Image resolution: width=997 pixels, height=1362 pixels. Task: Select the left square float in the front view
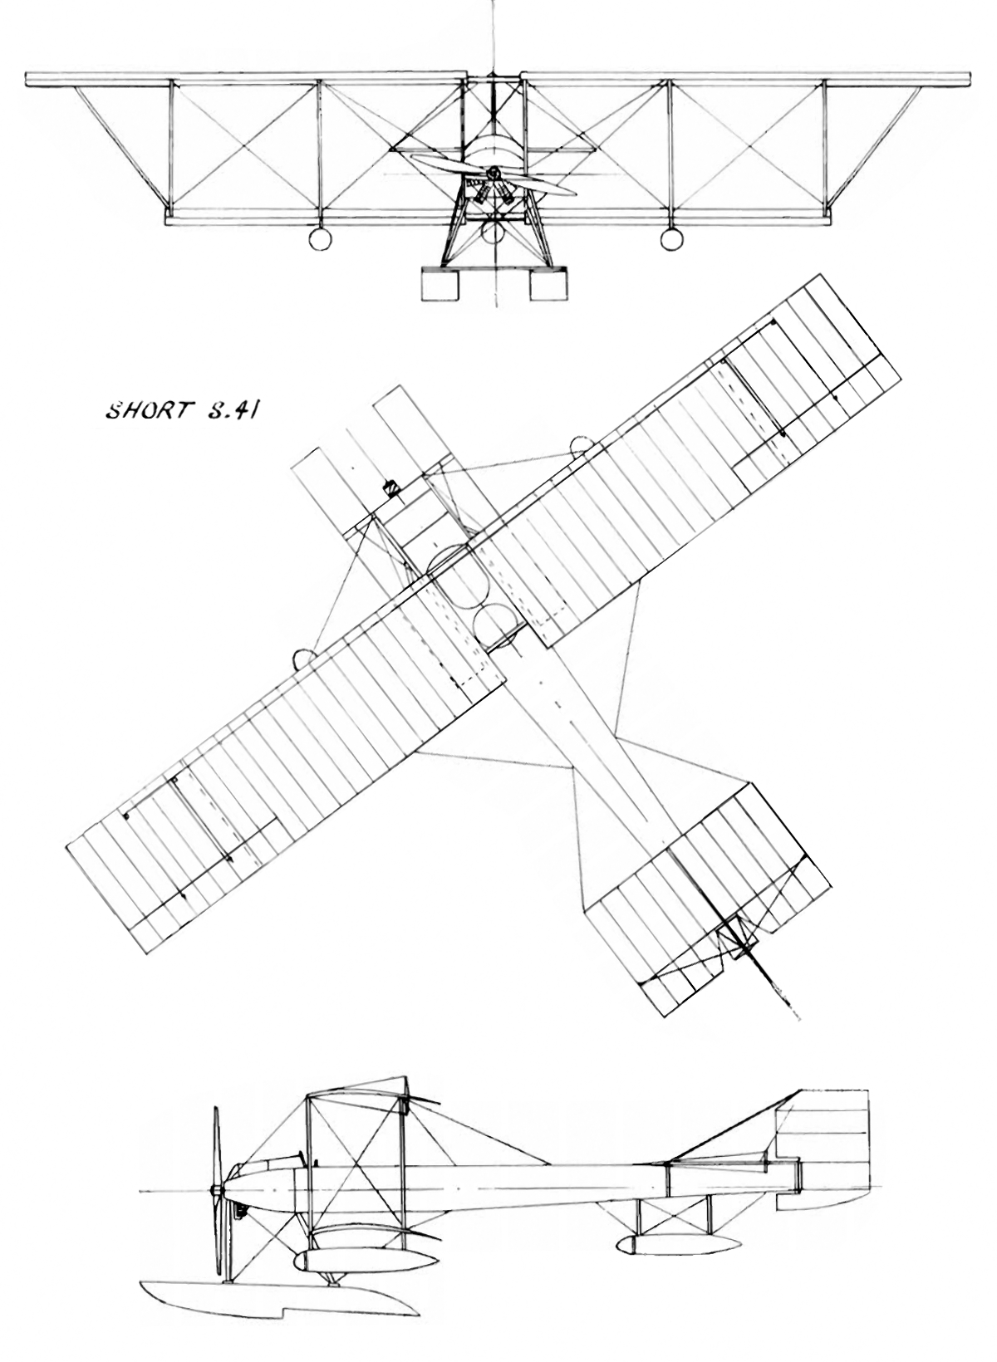tap(440, 285)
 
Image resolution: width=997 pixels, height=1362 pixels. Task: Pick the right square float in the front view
tap(548, 285)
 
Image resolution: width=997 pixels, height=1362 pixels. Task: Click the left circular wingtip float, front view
tap(320, 239)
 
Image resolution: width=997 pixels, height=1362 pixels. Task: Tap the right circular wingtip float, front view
tap(671, 239)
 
